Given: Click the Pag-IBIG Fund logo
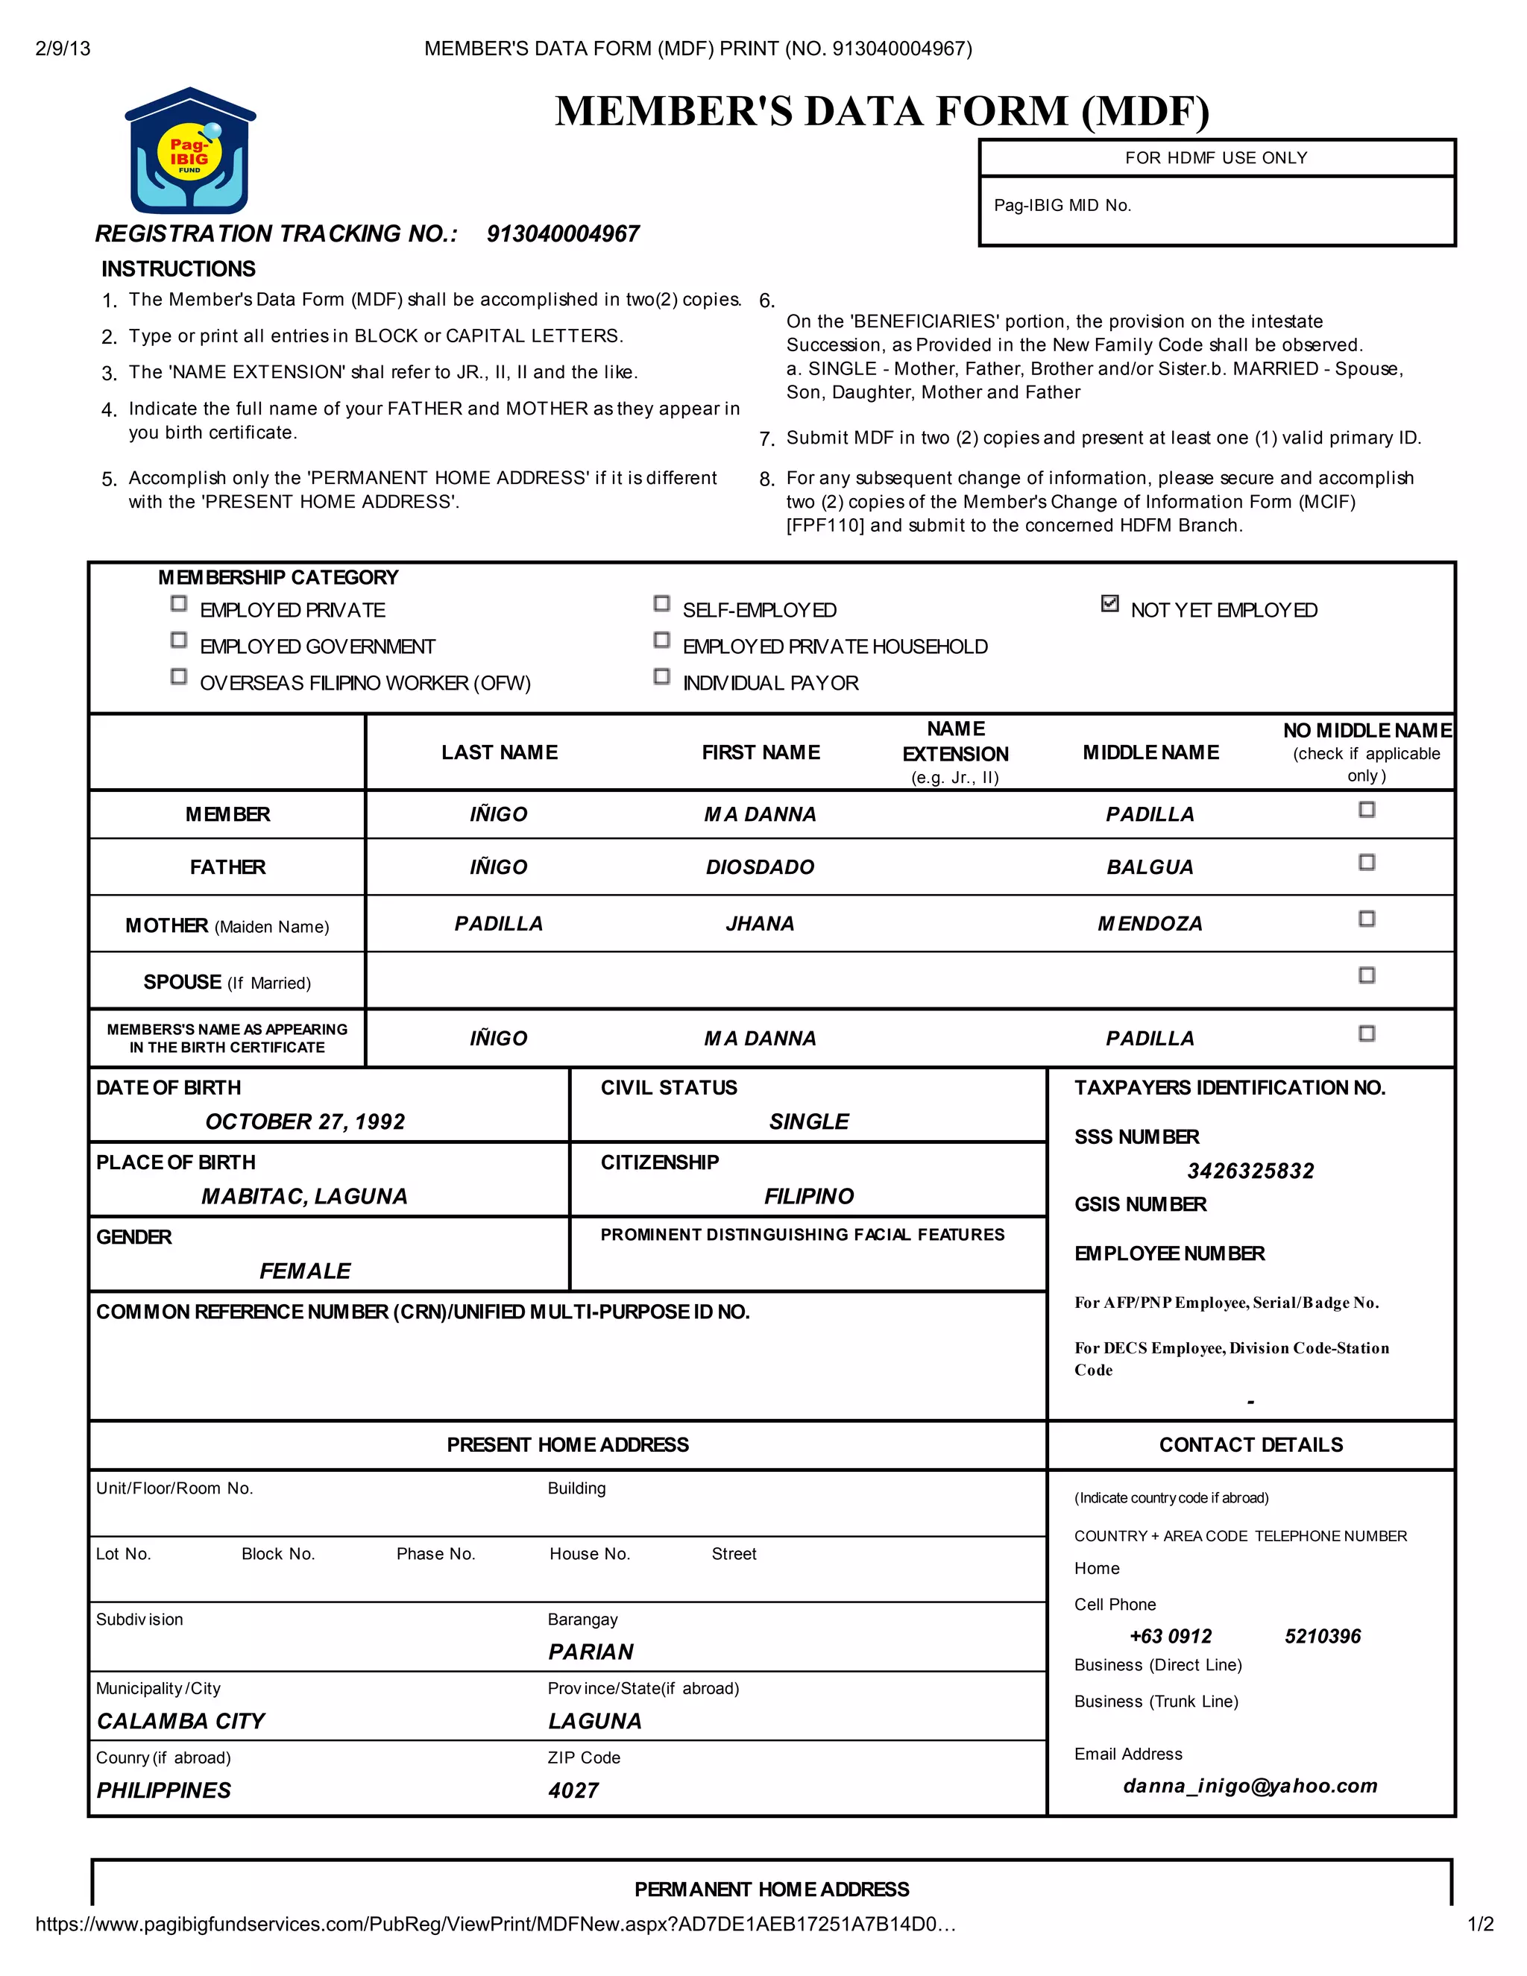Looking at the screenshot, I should pyautogui.click(x=190, y=151).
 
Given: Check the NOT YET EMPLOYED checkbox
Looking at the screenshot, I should pyautogui.click(x=1110, y=603).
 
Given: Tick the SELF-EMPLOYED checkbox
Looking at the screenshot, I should pyautogui.click(x=661, y=603).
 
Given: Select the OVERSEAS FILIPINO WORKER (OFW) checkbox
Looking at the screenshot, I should pyautogui.click(x=179, y=677).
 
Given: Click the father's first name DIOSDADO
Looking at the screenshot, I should pyautogui.click(x=760, y=866).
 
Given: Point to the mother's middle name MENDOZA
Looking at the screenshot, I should pyautogui.click(x=1150, y=924).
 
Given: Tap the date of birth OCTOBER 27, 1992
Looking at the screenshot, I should pyautogui.click(x=305, y=1122).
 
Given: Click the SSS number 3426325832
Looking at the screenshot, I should pyautogui.click(x=1250, y=1171).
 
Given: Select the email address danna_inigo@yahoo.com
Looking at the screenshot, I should pyautogui.click(x=1250, y=1786).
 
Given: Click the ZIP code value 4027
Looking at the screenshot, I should pyautogui.click(x=573, y=1790).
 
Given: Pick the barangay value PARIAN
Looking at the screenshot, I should pyautogui.click(x=591, y=1652).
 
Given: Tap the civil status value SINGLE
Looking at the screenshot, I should pyautogui.click(x=809, y=1122).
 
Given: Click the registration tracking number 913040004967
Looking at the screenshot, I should pyautogui.click(x=563, y=234).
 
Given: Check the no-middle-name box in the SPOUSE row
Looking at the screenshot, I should pyautogui.click(x=1367, y=975).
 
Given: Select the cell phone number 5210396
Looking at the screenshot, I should pyautogui.click(x=1323, y=1637).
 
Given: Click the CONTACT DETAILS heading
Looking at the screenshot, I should pyautogui.click(x=1251, y=1445).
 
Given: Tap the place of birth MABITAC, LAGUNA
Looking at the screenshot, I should pyautogui.click(x=305, y=1196).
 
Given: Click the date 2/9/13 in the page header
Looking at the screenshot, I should pyautogui.click(x=63, y=49).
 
